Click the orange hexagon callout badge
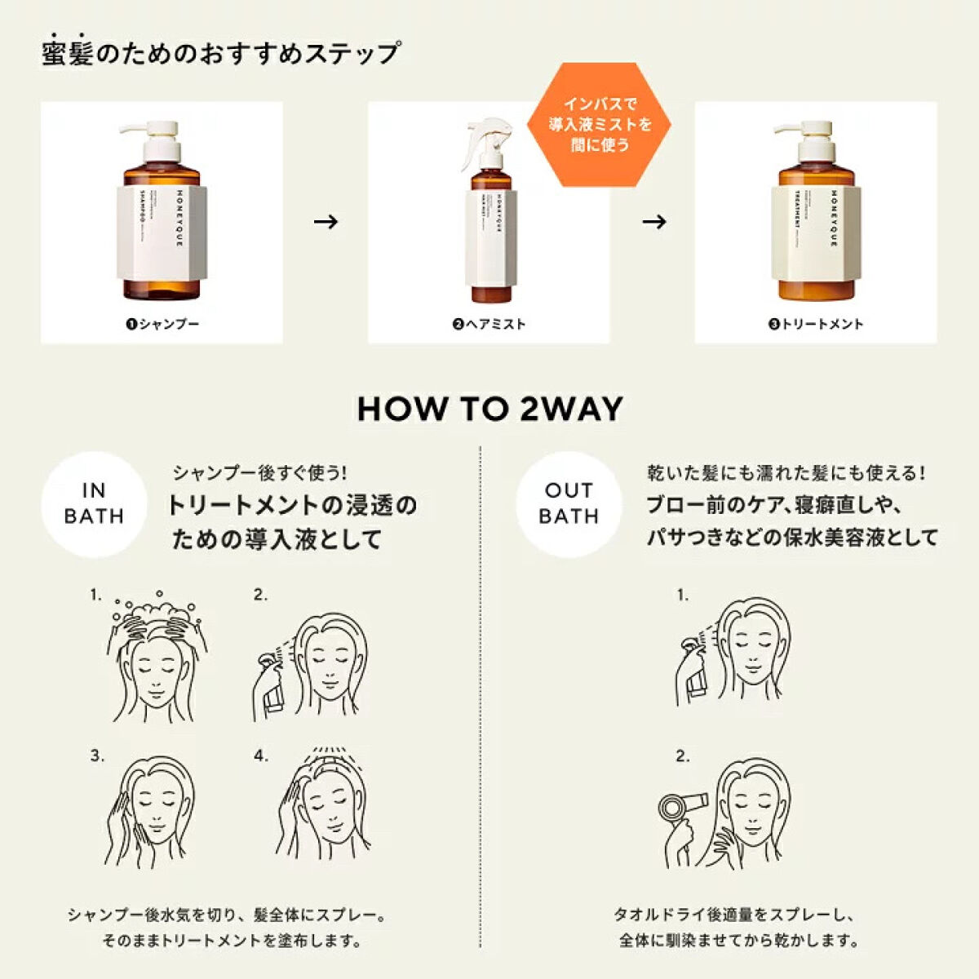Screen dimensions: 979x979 [x=599, y=125]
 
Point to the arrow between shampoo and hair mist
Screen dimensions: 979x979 [x=326, y=222]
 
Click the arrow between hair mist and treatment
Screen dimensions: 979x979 [x=653, y=222]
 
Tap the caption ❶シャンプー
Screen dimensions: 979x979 [x=162, y=324]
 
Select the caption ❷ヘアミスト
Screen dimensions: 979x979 [x=489, y=324]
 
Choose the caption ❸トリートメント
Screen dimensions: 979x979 [x=815, y=324]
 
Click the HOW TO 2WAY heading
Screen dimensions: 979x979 [x=489, y=409]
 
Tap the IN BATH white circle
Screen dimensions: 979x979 [x=94, y=503]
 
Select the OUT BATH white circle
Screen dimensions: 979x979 [x=569, y=503]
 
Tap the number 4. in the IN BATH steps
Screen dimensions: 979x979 [x=260, y=756]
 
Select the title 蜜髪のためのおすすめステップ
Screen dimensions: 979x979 [x=220, y=54]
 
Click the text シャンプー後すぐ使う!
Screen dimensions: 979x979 [x=259, y=472]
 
